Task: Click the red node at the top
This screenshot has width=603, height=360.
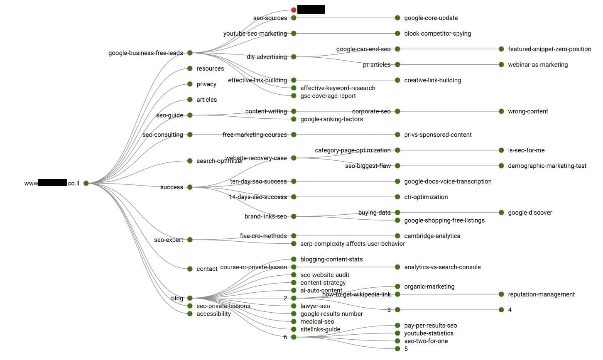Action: click(x=294, y=10)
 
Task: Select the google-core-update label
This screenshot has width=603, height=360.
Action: click(x=431, y=18)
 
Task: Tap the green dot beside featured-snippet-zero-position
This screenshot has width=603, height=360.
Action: click(x=501, y=49)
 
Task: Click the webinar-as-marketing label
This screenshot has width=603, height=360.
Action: click(x=537, y=65)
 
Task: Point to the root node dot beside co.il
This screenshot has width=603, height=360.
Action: click(x=86, y=183)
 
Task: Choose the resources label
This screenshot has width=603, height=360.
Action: click(x=210, y=69)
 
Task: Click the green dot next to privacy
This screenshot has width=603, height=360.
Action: click(x=190, y=84)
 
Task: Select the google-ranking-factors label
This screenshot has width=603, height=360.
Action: click(x=331, y=119)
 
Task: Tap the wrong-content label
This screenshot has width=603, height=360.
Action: click(x=528, y=111)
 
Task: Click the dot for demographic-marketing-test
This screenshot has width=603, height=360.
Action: click(x=501, y=166)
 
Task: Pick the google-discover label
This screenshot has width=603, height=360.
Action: click(x=530, y=213)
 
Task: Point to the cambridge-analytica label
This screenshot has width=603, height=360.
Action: click(x=432, y=236)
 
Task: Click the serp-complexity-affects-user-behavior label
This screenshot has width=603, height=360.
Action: click(x=352, y=244)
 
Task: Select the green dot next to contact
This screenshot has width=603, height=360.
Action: click(x=190, y=269)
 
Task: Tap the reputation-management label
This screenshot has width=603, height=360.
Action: click(x=541, y=294)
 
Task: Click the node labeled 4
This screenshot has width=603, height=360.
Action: click(x=501, y=310)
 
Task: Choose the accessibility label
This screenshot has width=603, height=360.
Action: click(x=213, y=314)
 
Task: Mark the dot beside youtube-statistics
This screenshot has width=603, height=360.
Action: click(x=397, y=333)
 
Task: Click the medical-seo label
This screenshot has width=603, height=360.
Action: click(x=317, y=322)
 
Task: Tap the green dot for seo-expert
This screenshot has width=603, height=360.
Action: click(x=190, y=240)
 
